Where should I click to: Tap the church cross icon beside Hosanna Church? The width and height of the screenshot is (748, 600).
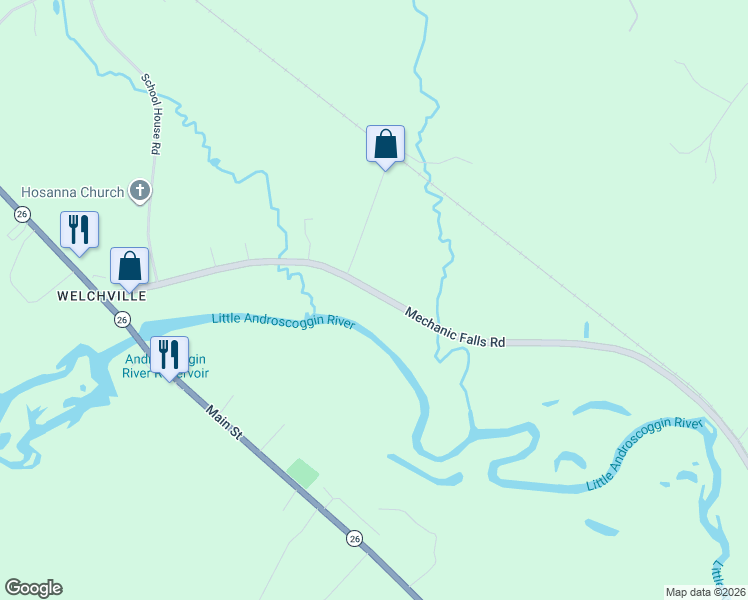pos(141,190)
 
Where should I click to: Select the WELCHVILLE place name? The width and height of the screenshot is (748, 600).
pos(101,296)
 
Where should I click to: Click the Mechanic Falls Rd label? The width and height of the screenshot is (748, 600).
pos(455,327)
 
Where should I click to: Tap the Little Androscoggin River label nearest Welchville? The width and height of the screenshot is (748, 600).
pos(284,321)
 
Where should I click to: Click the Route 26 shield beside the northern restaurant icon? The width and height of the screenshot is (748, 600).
pos(21,214)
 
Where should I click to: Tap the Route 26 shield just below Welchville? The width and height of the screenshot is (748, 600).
pos(122,319)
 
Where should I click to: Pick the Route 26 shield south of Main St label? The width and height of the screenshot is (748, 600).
pos(355,539)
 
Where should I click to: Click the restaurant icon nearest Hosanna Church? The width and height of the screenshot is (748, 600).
pos(79,229)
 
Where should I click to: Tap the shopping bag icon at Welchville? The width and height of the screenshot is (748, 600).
pos(129,265)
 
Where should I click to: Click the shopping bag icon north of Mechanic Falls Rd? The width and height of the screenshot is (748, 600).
pos(385,143)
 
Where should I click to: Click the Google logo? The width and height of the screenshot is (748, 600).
pos(33,588)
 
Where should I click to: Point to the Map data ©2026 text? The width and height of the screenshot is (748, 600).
pos(705,591)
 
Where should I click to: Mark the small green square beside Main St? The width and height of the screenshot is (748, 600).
pos(303,472)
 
